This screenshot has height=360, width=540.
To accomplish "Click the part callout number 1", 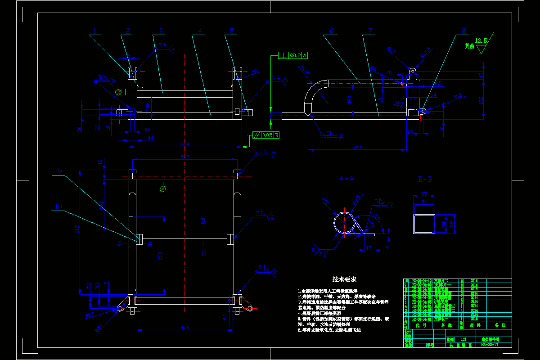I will (x=95, y=31).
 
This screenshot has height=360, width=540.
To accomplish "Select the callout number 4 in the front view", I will (x=200, y=31).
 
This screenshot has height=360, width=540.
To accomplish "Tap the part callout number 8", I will (x=464, y=31).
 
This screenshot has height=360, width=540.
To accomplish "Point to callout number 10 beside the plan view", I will (x=58, y=207).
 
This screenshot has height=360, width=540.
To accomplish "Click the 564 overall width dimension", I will (x=184, y=145).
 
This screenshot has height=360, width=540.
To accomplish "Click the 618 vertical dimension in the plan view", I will (x=78, y=229).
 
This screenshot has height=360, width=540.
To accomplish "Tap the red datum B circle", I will (x=118, y=92).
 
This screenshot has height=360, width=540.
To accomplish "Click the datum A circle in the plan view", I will (x=163, y=189).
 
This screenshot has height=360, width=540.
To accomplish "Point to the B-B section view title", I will (x=425, y=179).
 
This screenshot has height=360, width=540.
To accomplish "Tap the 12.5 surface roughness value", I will (x=481, y=41).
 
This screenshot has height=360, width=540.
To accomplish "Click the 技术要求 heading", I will (x=344, y=279).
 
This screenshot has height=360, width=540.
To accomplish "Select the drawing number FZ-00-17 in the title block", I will (x=490, y=345).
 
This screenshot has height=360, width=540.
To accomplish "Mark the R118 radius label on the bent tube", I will (x=305, y=71).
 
